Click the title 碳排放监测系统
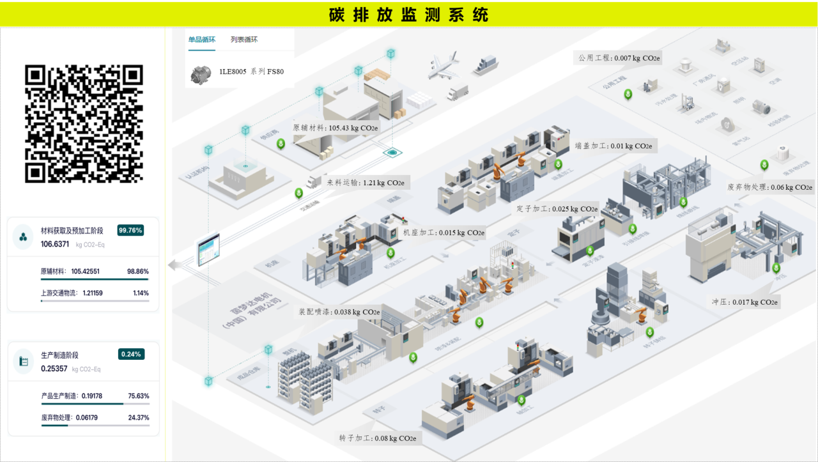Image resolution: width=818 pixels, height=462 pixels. [408, 14]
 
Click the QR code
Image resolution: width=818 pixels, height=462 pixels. [84, 123]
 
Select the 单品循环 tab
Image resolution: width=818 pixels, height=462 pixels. [202, 40]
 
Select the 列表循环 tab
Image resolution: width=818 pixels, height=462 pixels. [244, 40]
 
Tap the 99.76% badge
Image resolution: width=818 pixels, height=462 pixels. [130, 230]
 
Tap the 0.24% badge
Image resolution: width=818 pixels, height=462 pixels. [131, 354]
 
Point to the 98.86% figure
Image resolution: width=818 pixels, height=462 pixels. [137, 272]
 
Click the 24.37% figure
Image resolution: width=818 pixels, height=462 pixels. [138, 418]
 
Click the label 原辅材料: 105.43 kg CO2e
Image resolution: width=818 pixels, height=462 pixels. [336, 128]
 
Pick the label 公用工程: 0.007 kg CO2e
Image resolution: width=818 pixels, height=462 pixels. [619, 58]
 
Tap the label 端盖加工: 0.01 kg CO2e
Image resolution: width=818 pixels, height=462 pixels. [613, 146]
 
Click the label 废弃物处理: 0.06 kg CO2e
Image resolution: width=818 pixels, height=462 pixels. [770, 187]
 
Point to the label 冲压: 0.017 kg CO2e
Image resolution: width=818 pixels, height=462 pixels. [745, 302]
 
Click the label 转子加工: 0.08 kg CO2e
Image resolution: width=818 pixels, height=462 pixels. [378, 438]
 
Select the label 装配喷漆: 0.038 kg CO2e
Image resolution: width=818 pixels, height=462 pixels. [339, 312]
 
